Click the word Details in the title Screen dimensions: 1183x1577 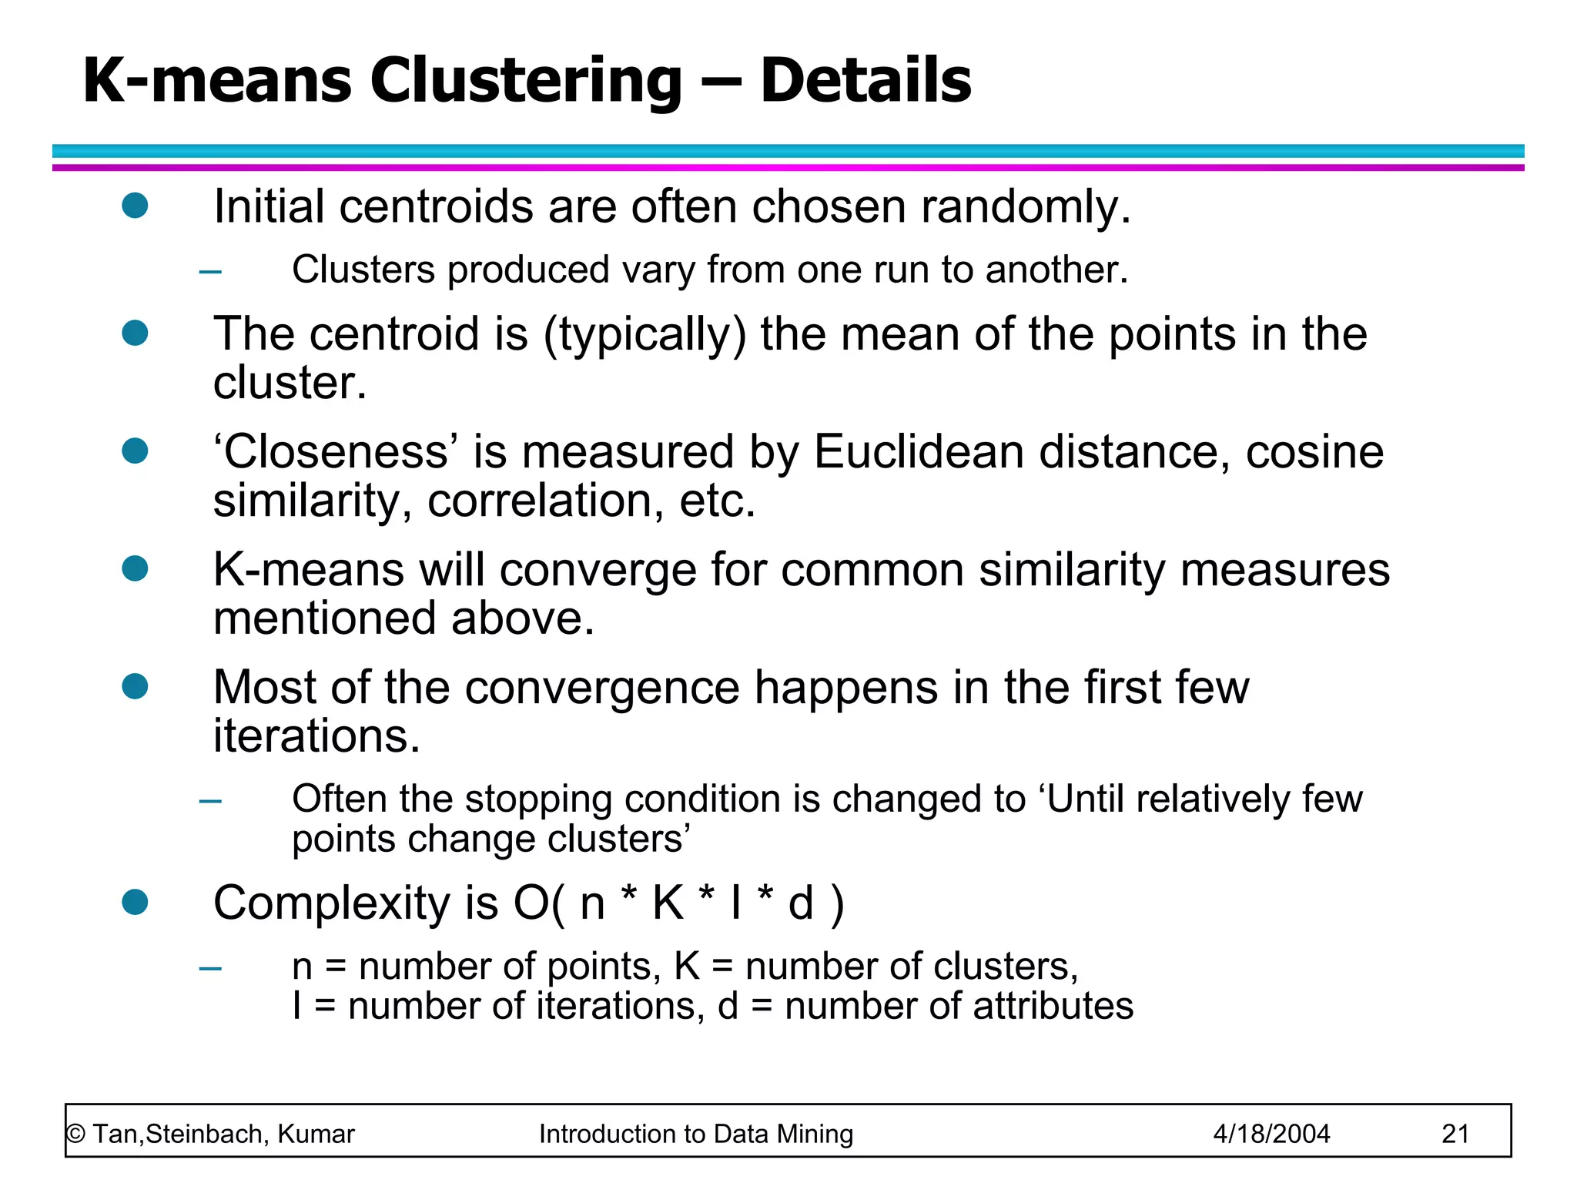click(x=866, y=80)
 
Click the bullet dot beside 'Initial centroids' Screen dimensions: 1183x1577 click(x=135, y=205)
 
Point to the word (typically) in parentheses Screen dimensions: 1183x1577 click(x=645, y=336)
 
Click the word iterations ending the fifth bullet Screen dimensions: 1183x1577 click(x=316, y=736)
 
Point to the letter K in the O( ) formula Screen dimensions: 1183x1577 click(x=668, y=903)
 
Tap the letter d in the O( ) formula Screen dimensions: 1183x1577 click(x=801, y=903)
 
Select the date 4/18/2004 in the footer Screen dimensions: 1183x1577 click(x=1271, y=1134)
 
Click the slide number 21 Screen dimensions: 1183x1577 click(x=1455, y=1134)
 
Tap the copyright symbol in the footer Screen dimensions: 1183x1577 click(x=75, y=1134)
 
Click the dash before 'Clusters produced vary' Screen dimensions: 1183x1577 click(x=210, y=271)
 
